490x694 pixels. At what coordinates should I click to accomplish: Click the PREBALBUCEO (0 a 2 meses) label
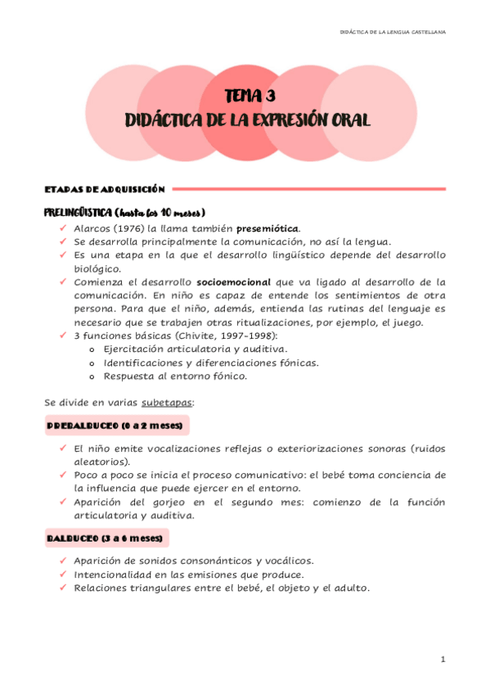coord(115,426)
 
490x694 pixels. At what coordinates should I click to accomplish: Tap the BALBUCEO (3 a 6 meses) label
coord(104,539)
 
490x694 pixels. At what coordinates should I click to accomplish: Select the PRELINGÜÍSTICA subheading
coord(80,212)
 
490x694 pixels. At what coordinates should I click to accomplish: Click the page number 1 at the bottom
coord(442,659)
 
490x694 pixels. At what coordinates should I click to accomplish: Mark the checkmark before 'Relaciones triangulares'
coord(63,588)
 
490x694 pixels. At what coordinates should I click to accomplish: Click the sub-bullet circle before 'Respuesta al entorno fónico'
coord(90,376)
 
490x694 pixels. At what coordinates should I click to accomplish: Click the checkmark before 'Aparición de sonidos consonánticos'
coord(63,561)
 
